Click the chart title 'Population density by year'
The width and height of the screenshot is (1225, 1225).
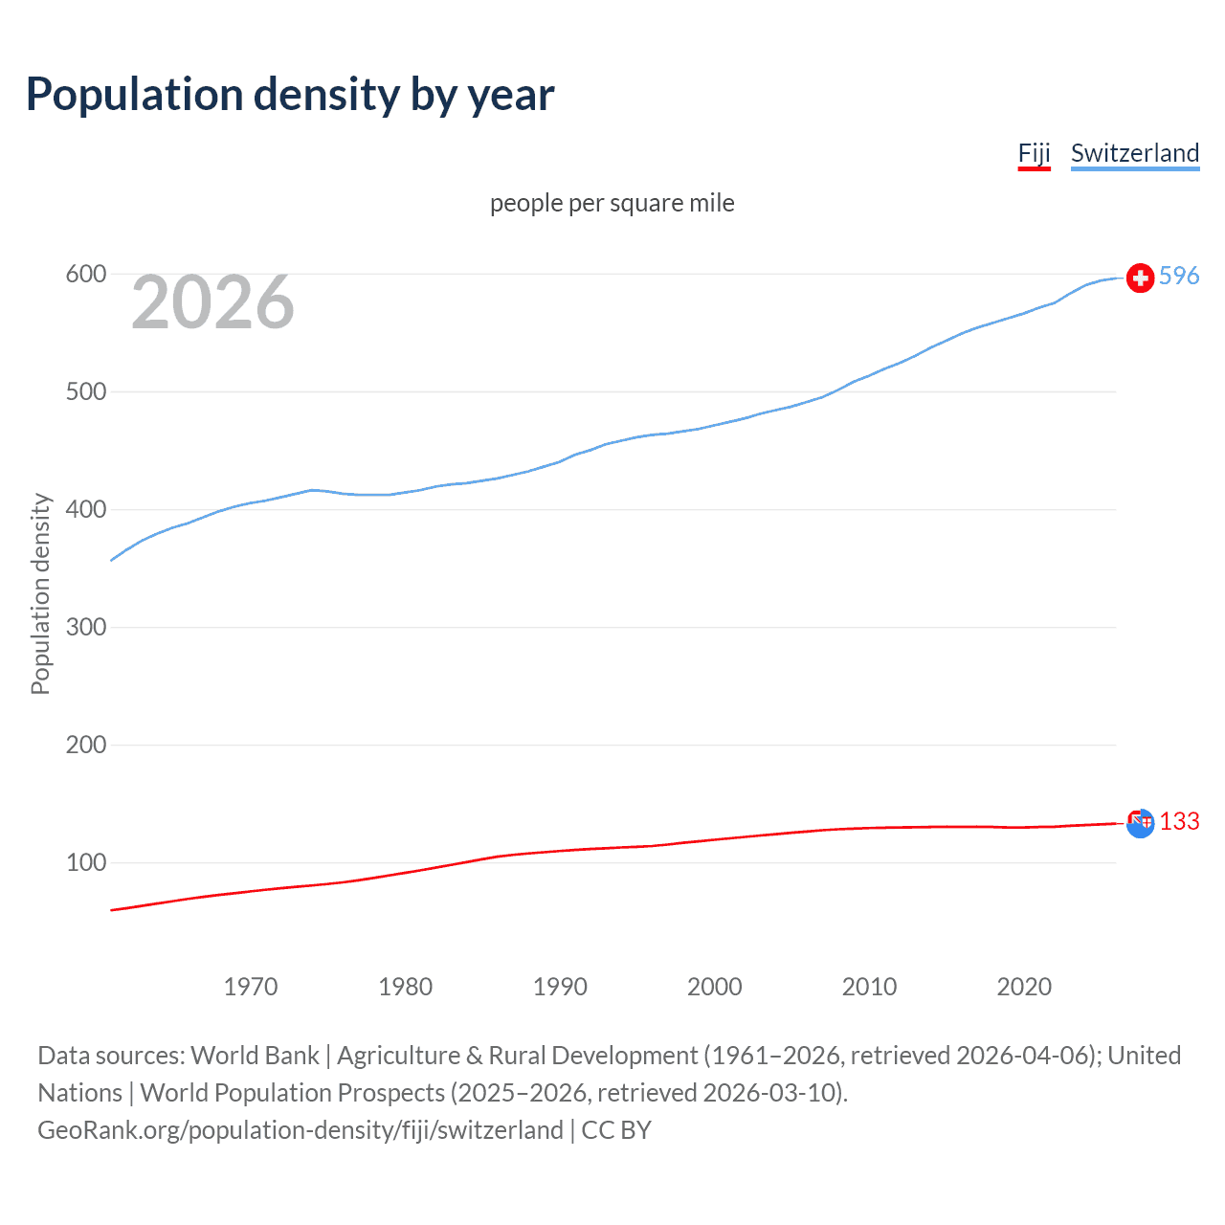tap(290, 95)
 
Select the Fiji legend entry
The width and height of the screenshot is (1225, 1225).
tap(1034, 153)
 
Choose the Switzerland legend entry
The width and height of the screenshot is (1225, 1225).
tap(1134, 153)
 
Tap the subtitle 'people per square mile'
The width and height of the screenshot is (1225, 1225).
tap(612, 203)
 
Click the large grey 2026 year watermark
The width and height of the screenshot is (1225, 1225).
tap(212, 302)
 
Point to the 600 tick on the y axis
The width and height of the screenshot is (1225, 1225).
tap(85, 275)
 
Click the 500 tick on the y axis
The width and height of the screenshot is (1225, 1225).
tap(85, 392)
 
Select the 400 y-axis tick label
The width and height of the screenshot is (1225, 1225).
tap(85, 510)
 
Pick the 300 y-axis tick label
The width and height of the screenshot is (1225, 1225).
tap(85, 628)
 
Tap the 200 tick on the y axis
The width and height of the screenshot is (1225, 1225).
tap(85, 746)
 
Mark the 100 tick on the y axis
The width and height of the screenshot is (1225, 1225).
tap(85, 863)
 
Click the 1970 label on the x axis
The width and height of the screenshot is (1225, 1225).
tap(250, 987)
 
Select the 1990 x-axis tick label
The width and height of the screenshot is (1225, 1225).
tap(560, 987)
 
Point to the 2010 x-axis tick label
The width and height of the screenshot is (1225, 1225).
tap(869, 987)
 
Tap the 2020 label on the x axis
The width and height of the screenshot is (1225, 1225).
tap(1024, 987)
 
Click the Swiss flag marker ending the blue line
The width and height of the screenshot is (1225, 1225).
tap(1140, 278)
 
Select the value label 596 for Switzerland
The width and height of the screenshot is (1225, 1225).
tap(1179, 276)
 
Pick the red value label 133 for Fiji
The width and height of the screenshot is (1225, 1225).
tap(1179, 822)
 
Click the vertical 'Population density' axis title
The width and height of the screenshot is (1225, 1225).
tap(40, 593)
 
